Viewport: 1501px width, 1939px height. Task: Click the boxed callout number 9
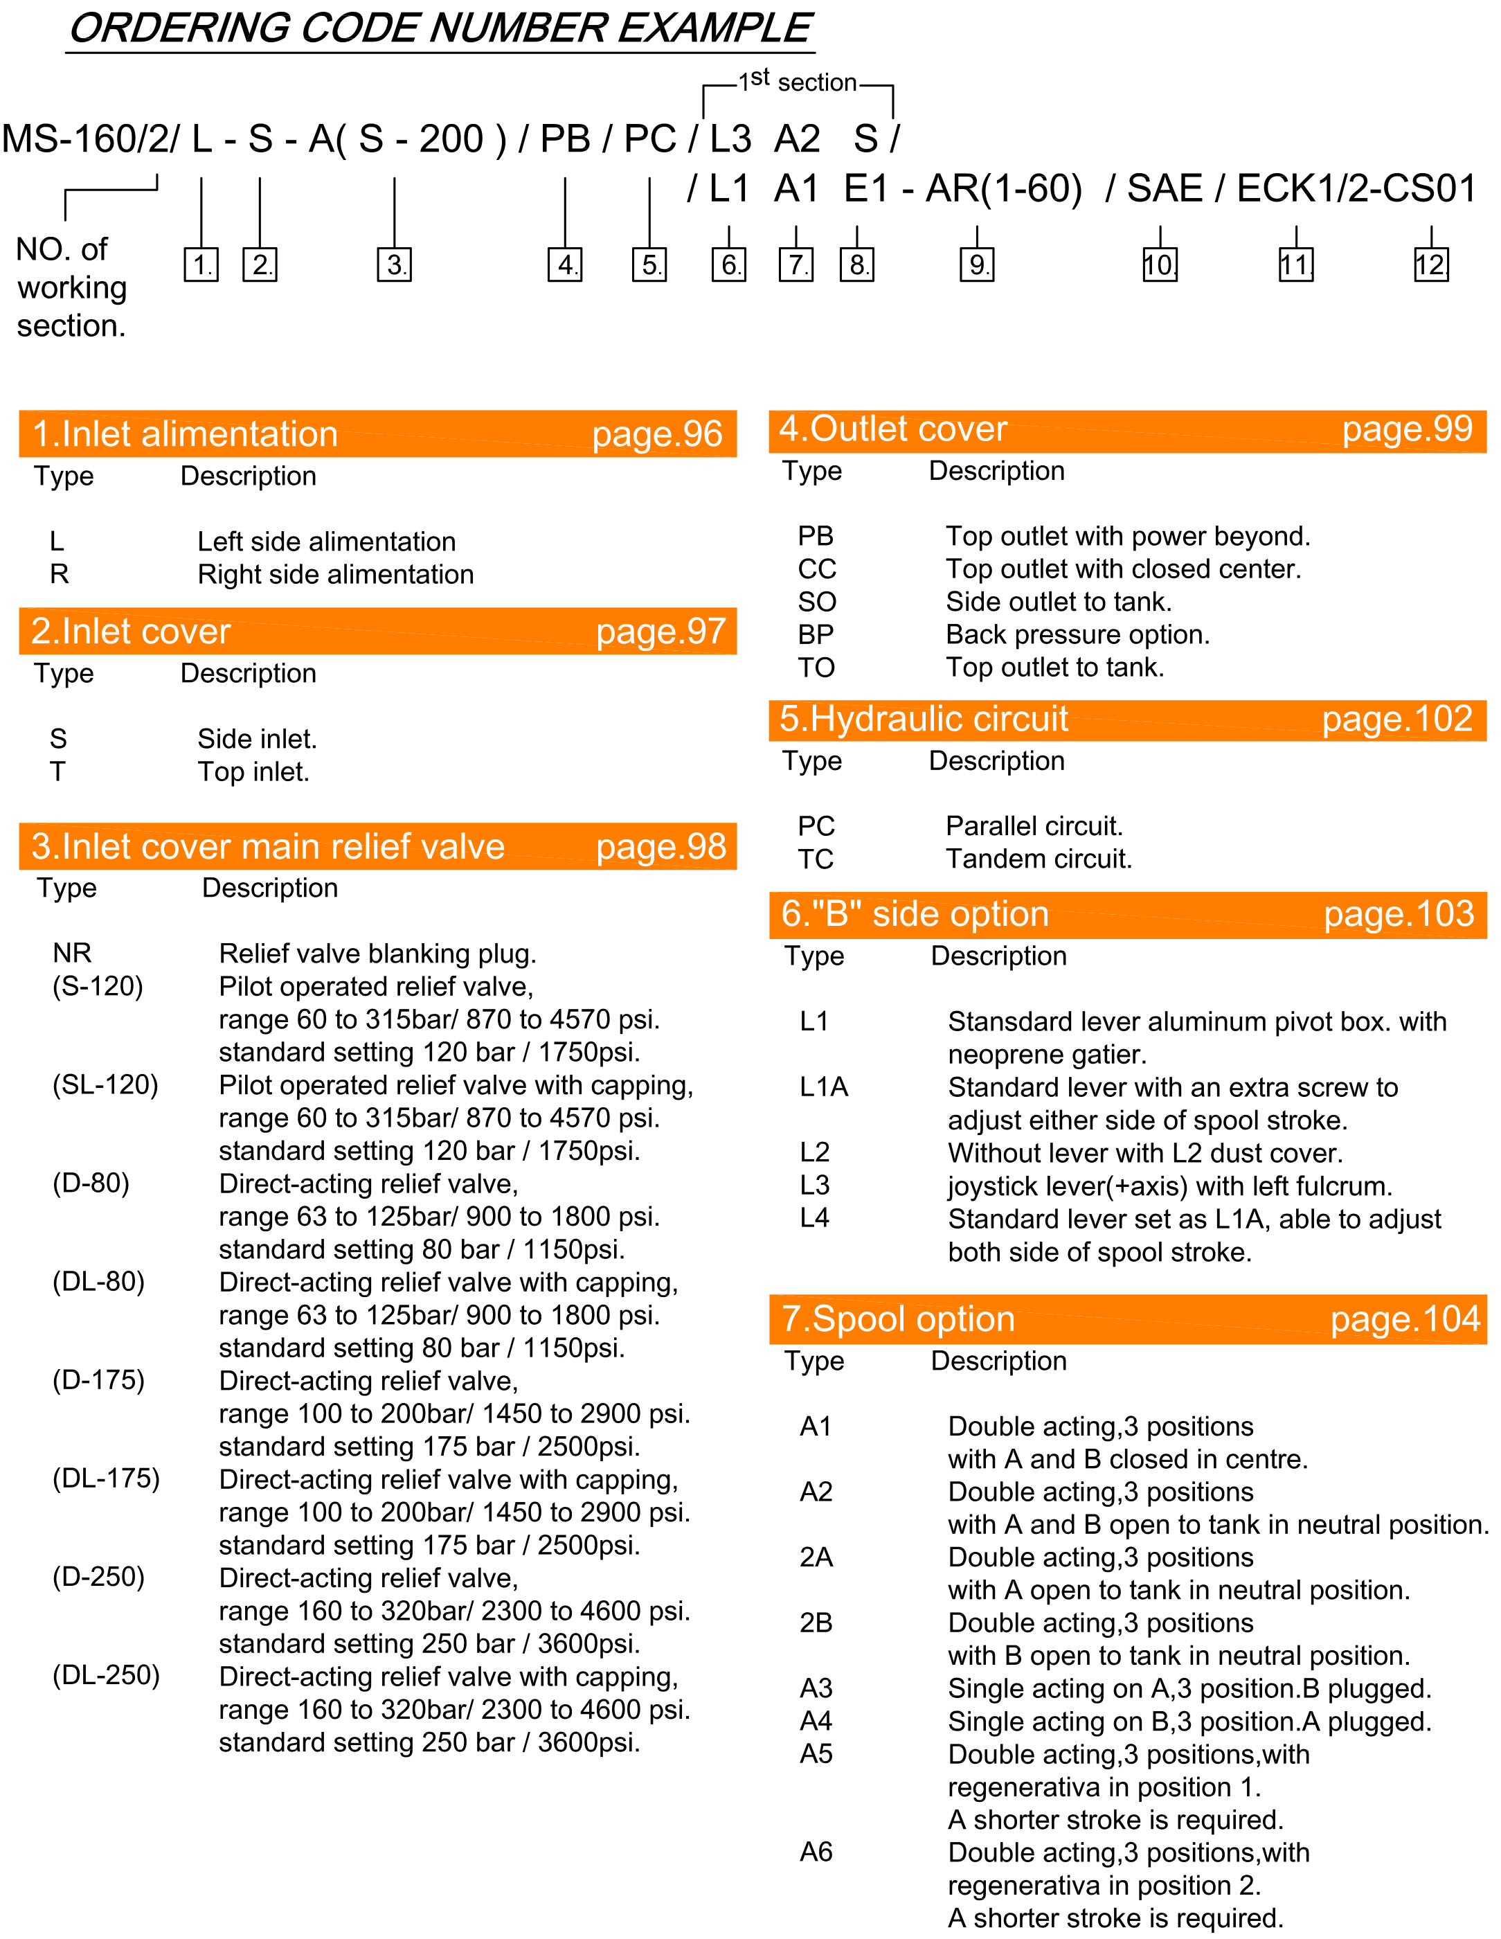(x=976, y=265)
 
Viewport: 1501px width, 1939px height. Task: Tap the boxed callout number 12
(x=1430, y=265)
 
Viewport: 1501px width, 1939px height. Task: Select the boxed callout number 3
(x=394, y=265)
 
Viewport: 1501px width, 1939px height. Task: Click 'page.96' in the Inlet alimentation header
(x=657, y=434)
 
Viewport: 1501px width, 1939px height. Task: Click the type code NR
(x=72, y=953)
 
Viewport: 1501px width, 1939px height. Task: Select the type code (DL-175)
(x=106, y=1478)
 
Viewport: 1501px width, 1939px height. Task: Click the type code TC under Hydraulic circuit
(x=816, y=859)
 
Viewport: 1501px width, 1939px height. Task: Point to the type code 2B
(x=816, y=1623)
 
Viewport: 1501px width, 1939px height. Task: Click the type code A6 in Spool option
(x=816, y=1852)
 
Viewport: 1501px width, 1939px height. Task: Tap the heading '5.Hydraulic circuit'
(x=923, y=719)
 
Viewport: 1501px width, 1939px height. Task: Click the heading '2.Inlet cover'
(x=130, y=632)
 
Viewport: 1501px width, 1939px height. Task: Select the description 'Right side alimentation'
(x=336, y=574)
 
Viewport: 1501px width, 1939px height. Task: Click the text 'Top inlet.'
(x=253, y=771)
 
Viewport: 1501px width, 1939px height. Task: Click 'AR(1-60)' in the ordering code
(x=1003, y=188)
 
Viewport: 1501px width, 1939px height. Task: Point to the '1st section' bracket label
(x=797, y=82)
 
